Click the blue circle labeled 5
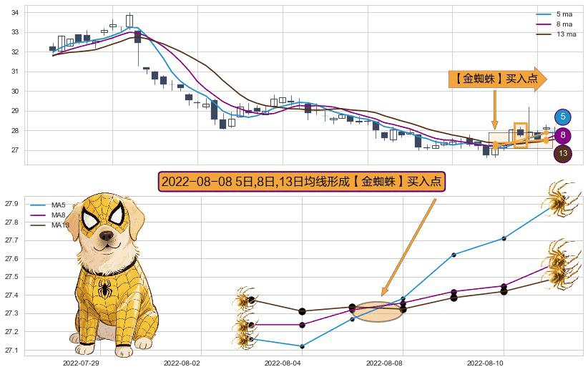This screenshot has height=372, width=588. click(563, 117)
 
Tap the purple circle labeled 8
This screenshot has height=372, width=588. click(563, 135)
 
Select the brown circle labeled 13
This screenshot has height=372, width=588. click(563, 153)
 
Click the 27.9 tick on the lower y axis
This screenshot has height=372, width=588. click(13, 204)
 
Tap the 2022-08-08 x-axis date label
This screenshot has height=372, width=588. click(384, 363)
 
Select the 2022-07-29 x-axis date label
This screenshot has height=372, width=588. click(81, 363)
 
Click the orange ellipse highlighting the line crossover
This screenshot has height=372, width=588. click(378, 312)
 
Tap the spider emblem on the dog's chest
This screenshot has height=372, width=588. click(105, 289)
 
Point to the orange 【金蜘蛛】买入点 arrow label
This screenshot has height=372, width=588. click(496, 79)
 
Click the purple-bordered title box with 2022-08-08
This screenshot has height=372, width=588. click(302, 182)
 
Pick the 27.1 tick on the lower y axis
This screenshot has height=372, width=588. click(13, 351)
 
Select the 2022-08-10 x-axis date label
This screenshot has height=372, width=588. click(486, 363)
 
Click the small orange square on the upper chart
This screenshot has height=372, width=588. click(520, 135)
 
